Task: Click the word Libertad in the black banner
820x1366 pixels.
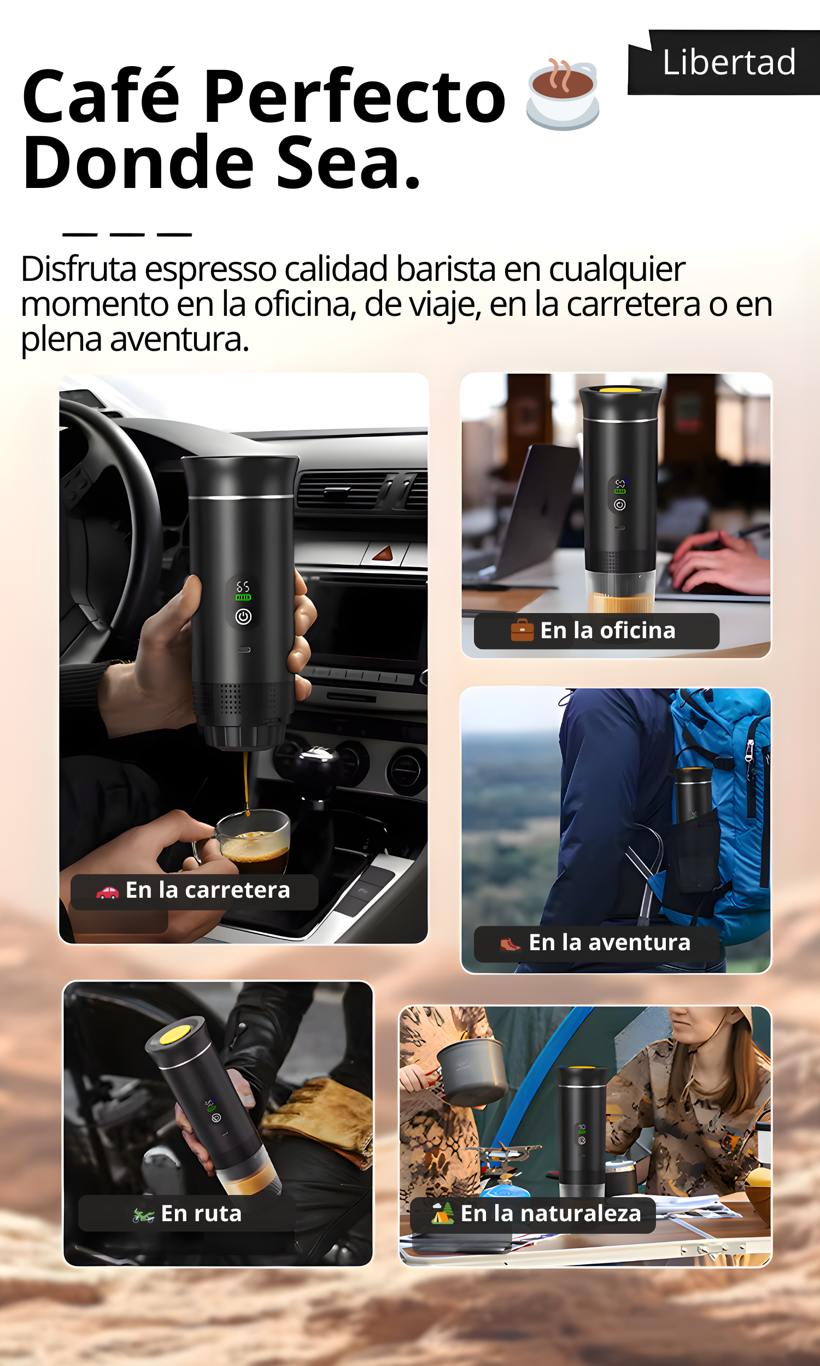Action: point(729,62)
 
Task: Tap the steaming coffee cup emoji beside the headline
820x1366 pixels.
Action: point(563,95)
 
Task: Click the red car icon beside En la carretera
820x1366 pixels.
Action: point(107,892)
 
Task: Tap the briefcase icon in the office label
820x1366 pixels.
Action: point(522,630)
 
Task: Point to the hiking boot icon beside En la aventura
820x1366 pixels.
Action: point(510,944)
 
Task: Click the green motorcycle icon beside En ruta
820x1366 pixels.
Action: point(143,1214)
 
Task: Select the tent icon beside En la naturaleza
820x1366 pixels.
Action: point(442,1213)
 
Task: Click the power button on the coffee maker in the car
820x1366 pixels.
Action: point(244,617)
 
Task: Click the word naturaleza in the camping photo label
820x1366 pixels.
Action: point(581,1213)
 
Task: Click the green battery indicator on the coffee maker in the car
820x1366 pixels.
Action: point(243,597)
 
